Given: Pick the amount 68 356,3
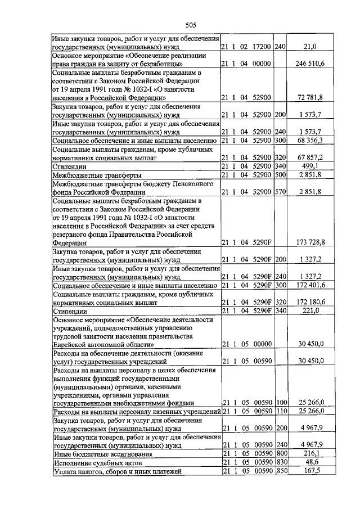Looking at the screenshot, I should (x=313, y=140).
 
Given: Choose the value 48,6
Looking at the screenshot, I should (x=320, y=461).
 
